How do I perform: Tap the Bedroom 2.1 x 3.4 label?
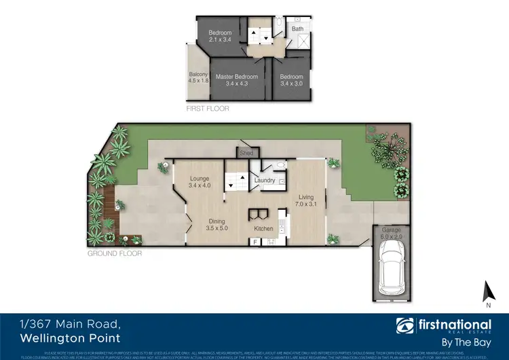[x=220, y=37]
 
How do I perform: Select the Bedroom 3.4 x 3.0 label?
[x=292, y=81]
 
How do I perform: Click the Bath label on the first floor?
[x=297, y=29]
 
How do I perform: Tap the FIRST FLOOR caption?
[x=208, y=109]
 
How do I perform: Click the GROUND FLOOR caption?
[x=114, y=253]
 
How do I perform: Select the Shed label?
[x=246, y=154]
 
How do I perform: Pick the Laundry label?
[x=264, y=181]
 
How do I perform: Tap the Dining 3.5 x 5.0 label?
[x=218, y=224]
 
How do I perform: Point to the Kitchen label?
[x=263, y=229]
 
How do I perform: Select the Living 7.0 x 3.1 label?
[x=307, y=200]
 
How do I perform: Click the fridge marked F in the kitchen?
[x=256, y=242]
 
